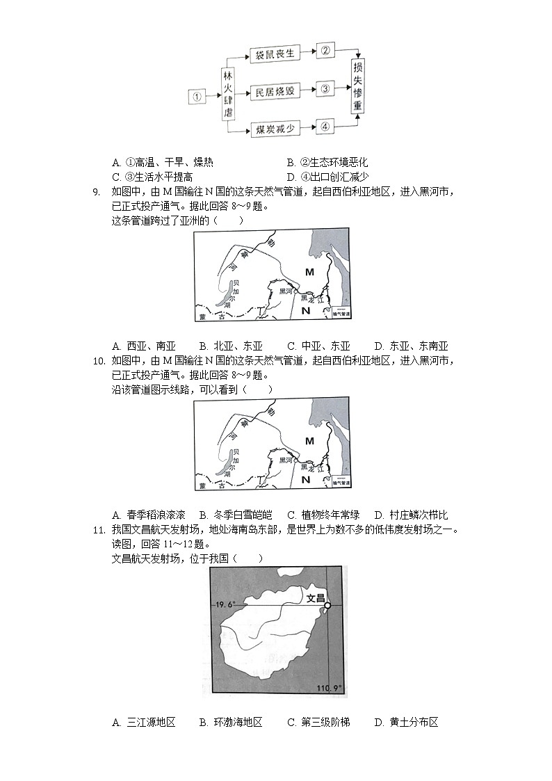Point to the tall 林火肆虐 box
(227, 95)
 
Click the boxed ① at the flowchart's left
(197, 97)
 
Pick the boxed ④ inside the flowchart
(325, 127)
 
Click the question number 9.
(97, 192)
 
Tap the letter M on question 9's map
(309, 271)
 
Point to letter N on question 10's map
(305, 479)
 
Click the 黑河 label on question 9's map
(286, 291)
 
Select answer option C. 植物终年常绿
(323, 515)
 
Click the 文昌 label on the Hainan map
(316, 597)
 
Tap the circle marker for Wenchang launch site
(327, 605)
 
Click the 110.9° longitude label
(331, 688)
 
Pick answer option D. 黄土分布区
(406, 723)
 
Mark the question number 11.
(97, 531)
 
